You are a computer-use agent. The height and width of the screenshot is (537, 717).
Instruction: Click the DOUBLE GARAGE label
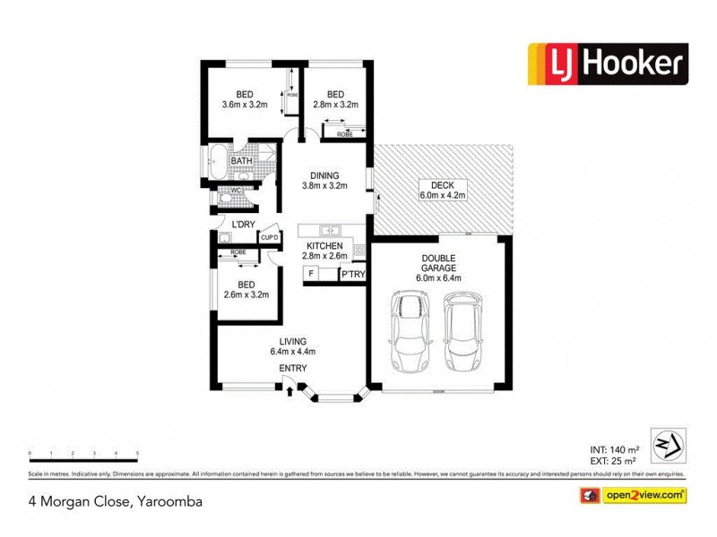[439, 267]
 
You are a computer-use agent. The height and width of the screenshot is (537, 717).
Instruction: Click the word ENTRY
[293, 369]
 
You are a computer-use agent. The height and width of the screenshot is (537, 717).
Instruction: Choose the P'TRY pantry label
[353, 275]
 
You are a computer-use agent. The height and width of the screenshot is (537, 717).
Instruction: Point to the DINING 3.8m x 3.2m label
[323, 181]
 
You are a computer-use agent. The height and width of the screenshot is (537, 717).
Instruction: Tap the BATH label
[241, 161]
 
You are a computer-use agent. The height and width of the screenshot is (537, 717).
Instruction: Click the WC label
[236, 190]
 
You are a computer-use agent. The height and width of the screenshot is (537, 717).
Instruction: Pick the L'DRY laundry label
[245, 224]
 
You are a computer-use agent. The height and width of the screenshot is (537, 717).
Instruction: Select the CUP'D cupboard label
[269, 237]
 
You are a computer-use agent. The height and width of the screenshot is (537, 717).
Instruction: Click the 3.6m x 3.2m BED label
[245, 100]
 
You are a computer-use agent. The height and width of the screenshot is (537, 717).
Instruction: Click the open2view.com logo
[635, 494]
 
